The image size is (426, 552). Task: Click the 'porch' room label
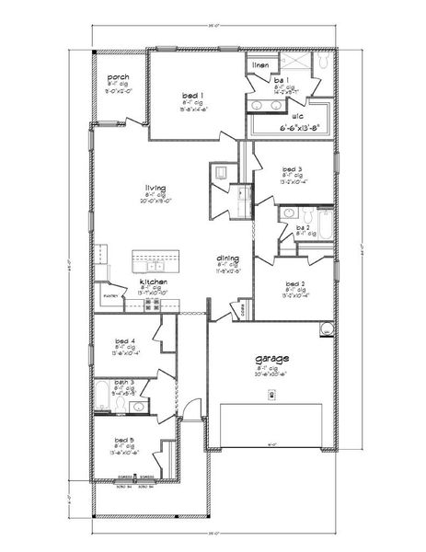pyautogui.click(x=118, y=77)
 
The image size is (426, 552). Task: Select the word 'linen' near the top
pyautogui.click(x=261, y=65)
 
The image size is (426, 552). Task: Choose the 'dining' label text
pyautogui.click(x=228, y=259)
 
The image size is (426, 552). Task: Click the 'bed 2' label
pyautogui.click(x=295, y=284)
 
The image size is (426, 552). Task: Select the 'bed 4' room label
pyautogui.click(x=125, y=339)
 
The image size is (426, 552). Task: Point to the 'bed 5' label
pyautogui.click(x=125, y=440)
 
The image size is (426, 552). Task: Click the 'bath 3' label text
pyautogui.click(x=125, y=382)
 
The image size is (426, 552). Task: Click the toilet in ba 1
pyautogui.click(x=324, y=63)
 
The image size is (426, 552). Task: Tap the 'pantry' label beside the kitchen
pyautogui.click(x=109, y=296)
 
